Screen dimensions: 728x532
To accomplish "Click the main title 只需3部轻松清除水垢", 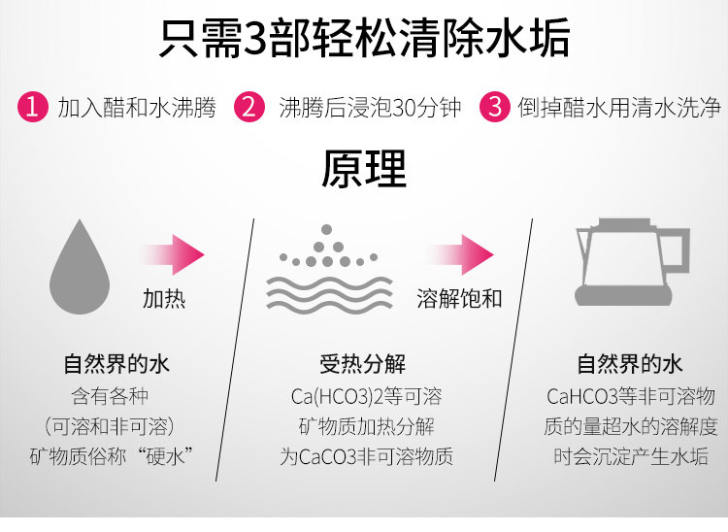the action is click(363, 41).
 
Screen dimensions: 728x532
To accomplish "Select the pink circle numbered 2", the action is click(251, 106).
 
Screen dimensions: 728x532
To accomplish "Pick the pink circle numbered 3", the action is click(495, 106).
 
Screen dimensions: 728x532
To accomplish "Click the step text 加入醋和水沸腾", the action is click(136, 106).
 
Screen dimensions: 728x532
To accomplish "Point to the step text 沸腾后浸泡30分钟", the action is click(369, 106).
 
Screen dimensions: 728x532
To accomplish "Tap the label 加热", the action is click(164, 298).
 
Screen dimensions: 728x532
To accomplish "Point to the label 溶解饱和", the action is click(459, 298).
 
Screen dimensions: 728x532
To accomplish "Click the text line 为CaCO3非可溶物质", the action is click(366, 456).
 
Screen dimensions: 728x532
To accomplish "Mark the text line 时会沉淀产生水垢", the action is click(630, 456).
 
